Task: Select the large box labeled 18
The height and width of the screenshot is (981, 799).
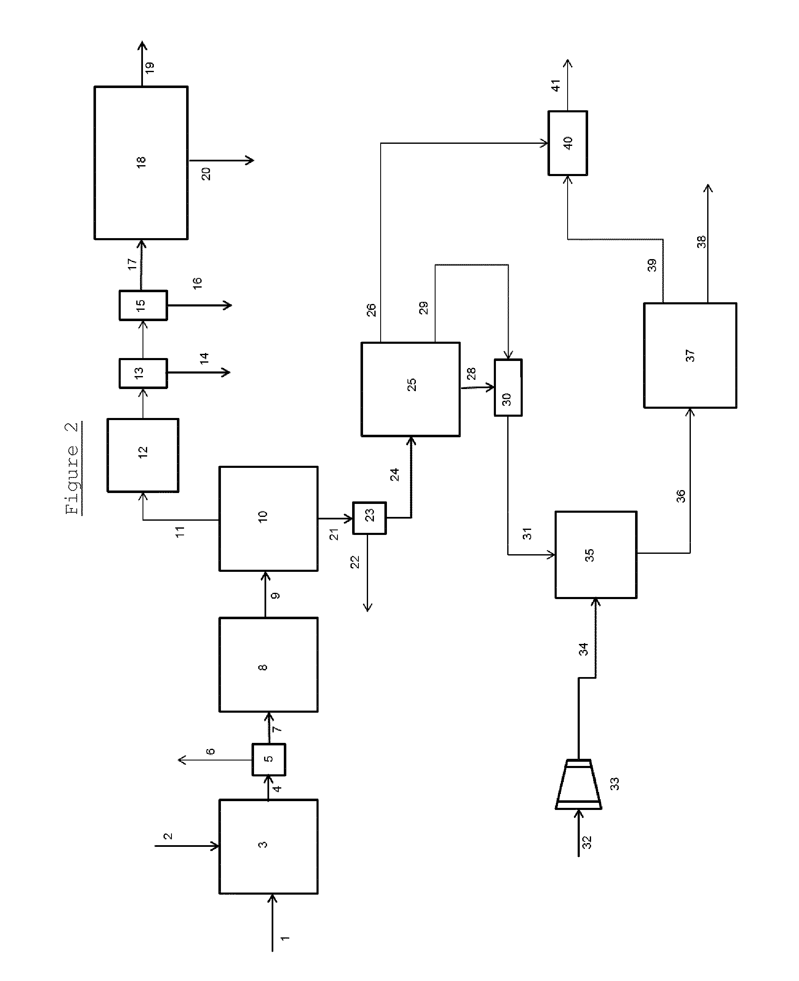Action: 141,163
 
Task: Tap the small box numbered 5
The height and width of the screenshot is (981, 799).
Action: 268,759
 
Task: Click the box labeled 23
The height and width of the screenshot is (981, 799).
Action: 369,517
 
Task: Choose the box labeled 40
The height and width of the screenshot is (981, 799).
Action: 568,143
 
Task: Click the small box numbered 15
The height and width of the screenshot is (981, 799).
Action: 143,305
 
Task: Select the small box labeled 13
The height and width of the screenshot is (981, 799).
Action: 143,373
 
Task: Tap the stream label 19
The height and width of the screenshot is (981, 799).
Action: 150,67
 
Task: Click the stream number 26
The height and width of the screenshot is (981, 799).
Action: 371,310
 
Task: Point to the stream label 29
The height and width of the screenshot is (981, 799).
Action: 423,308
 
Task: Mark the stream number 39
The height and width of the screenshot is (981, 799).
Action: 652,265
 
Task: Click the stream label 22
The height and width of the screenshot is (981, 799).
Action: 355,562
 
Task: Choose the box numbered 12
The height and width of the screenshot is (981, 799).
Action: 143,455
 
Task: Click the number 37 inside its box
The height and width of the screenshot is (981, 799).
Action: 690,356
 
